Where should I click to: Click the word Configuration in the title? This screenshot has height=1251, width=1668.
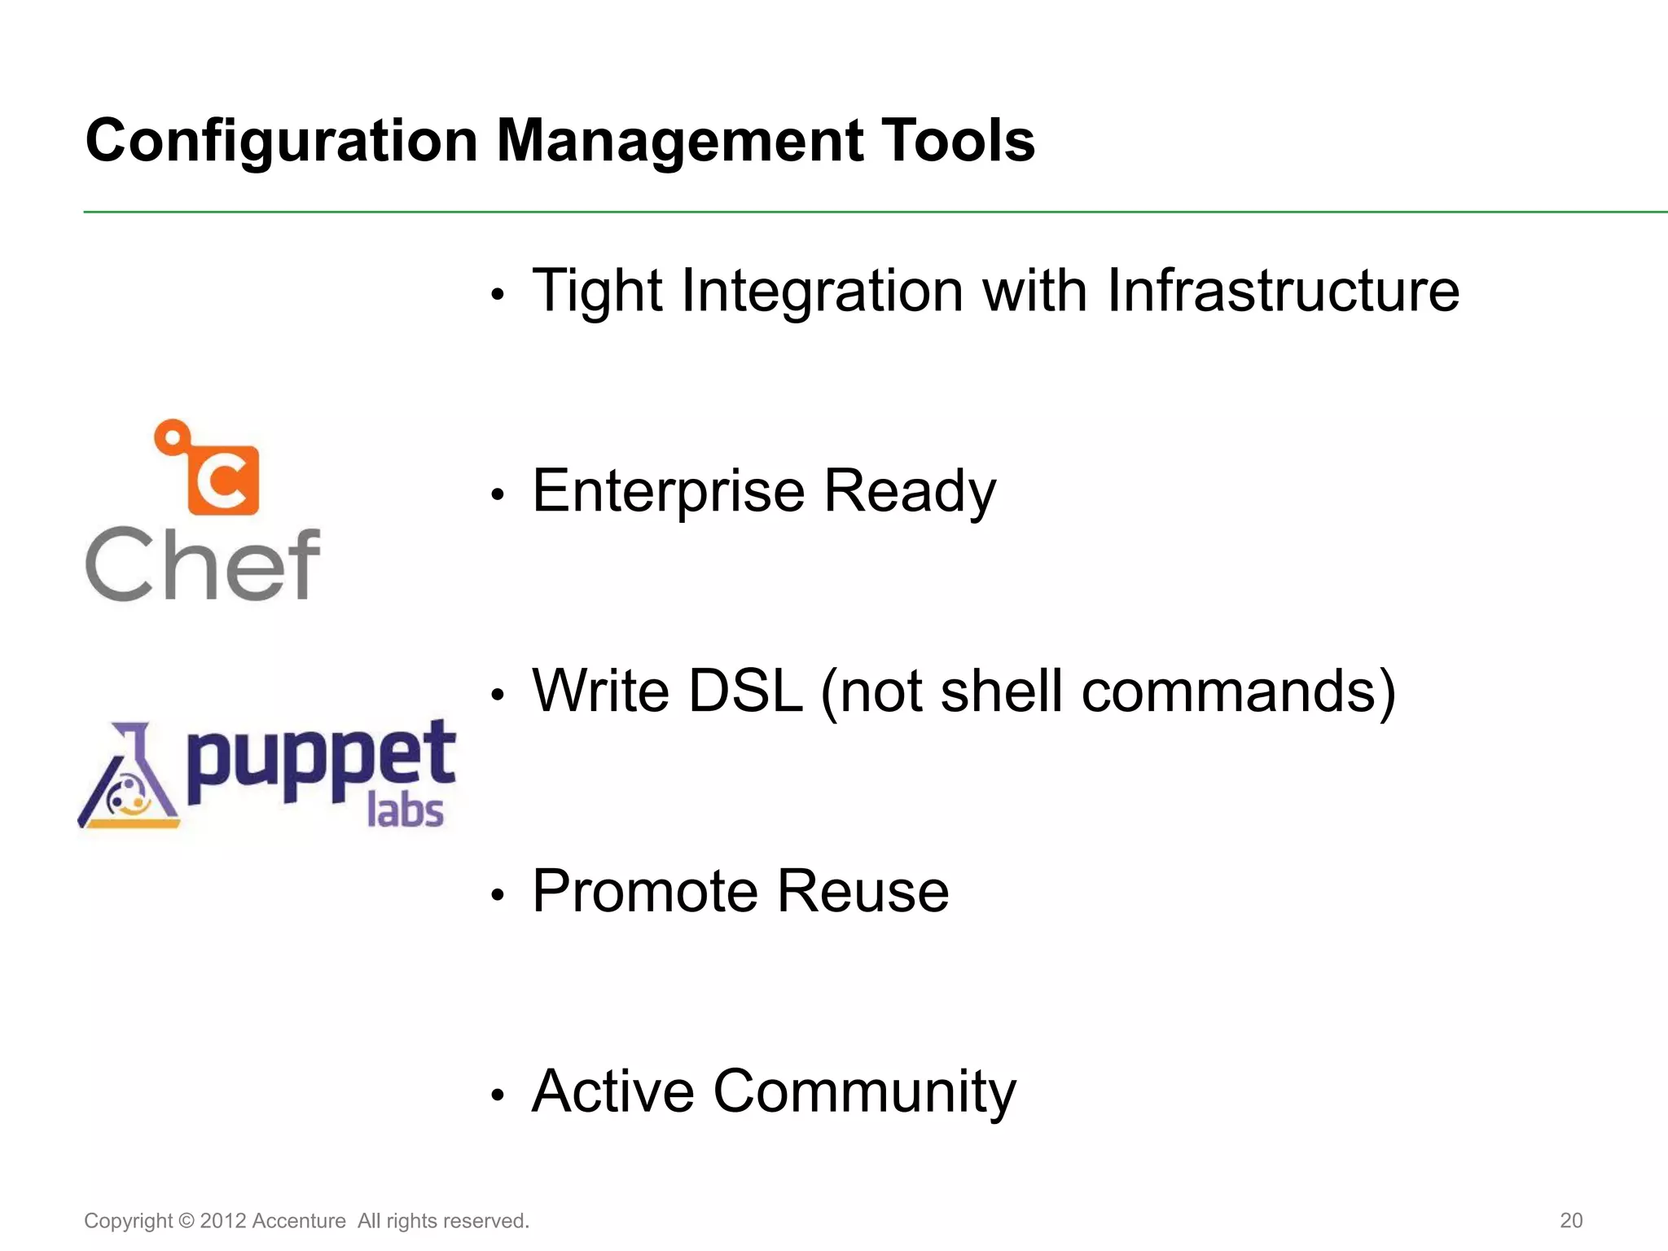tap(281, 142)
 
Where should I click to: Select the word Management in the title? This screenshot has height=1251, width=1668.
tap(679, 142)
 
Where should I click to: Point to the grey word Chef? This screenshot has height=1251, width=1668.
tap(203, 563)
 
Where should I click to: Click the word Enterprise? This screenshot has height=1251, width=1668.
tap(669, 492)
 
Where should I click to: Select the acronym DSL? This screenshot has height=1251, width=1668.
tap(745, 691)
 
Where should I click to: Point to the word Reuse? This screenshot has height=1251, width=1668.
tap(863, 891)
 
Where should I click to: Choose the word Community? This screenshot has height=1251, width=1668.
tap(864, 1091)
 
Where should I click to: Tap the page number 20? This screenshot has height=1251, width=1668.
tap(1570, 1220)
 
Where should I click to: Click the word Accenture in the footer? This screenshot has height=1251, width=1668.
tap(299, 1221)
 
